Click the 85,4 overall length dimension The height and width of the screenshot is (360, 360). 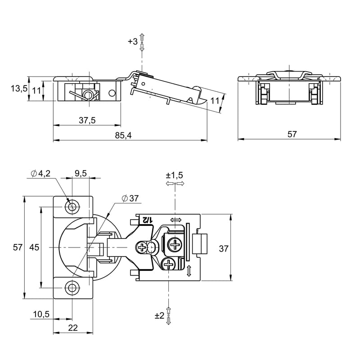click(x=123, y=135)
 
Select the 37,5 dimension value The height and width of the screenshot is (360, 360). click(x=87, y=120)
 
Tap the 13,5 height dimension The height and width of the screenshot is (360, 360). click(x=19, y=88)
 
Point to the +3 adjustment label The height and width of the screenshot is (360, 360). click(x=133, y=41)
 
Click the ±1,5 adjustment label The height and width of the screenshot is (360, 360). click(x=175, y=175)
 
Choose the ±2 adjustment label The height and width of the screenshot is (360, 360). click(x=160, y=316)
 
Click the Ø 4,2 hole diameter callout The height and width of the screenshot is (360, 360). click(x=40, y=174)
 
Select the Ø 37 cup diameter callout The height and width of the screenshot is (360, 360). click(x=130, y=198)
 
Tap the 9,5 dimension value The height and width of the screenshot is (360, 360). click(x=81, y=173)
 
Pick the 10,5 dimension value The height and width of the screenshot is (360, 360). click(x=41, y=314)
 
